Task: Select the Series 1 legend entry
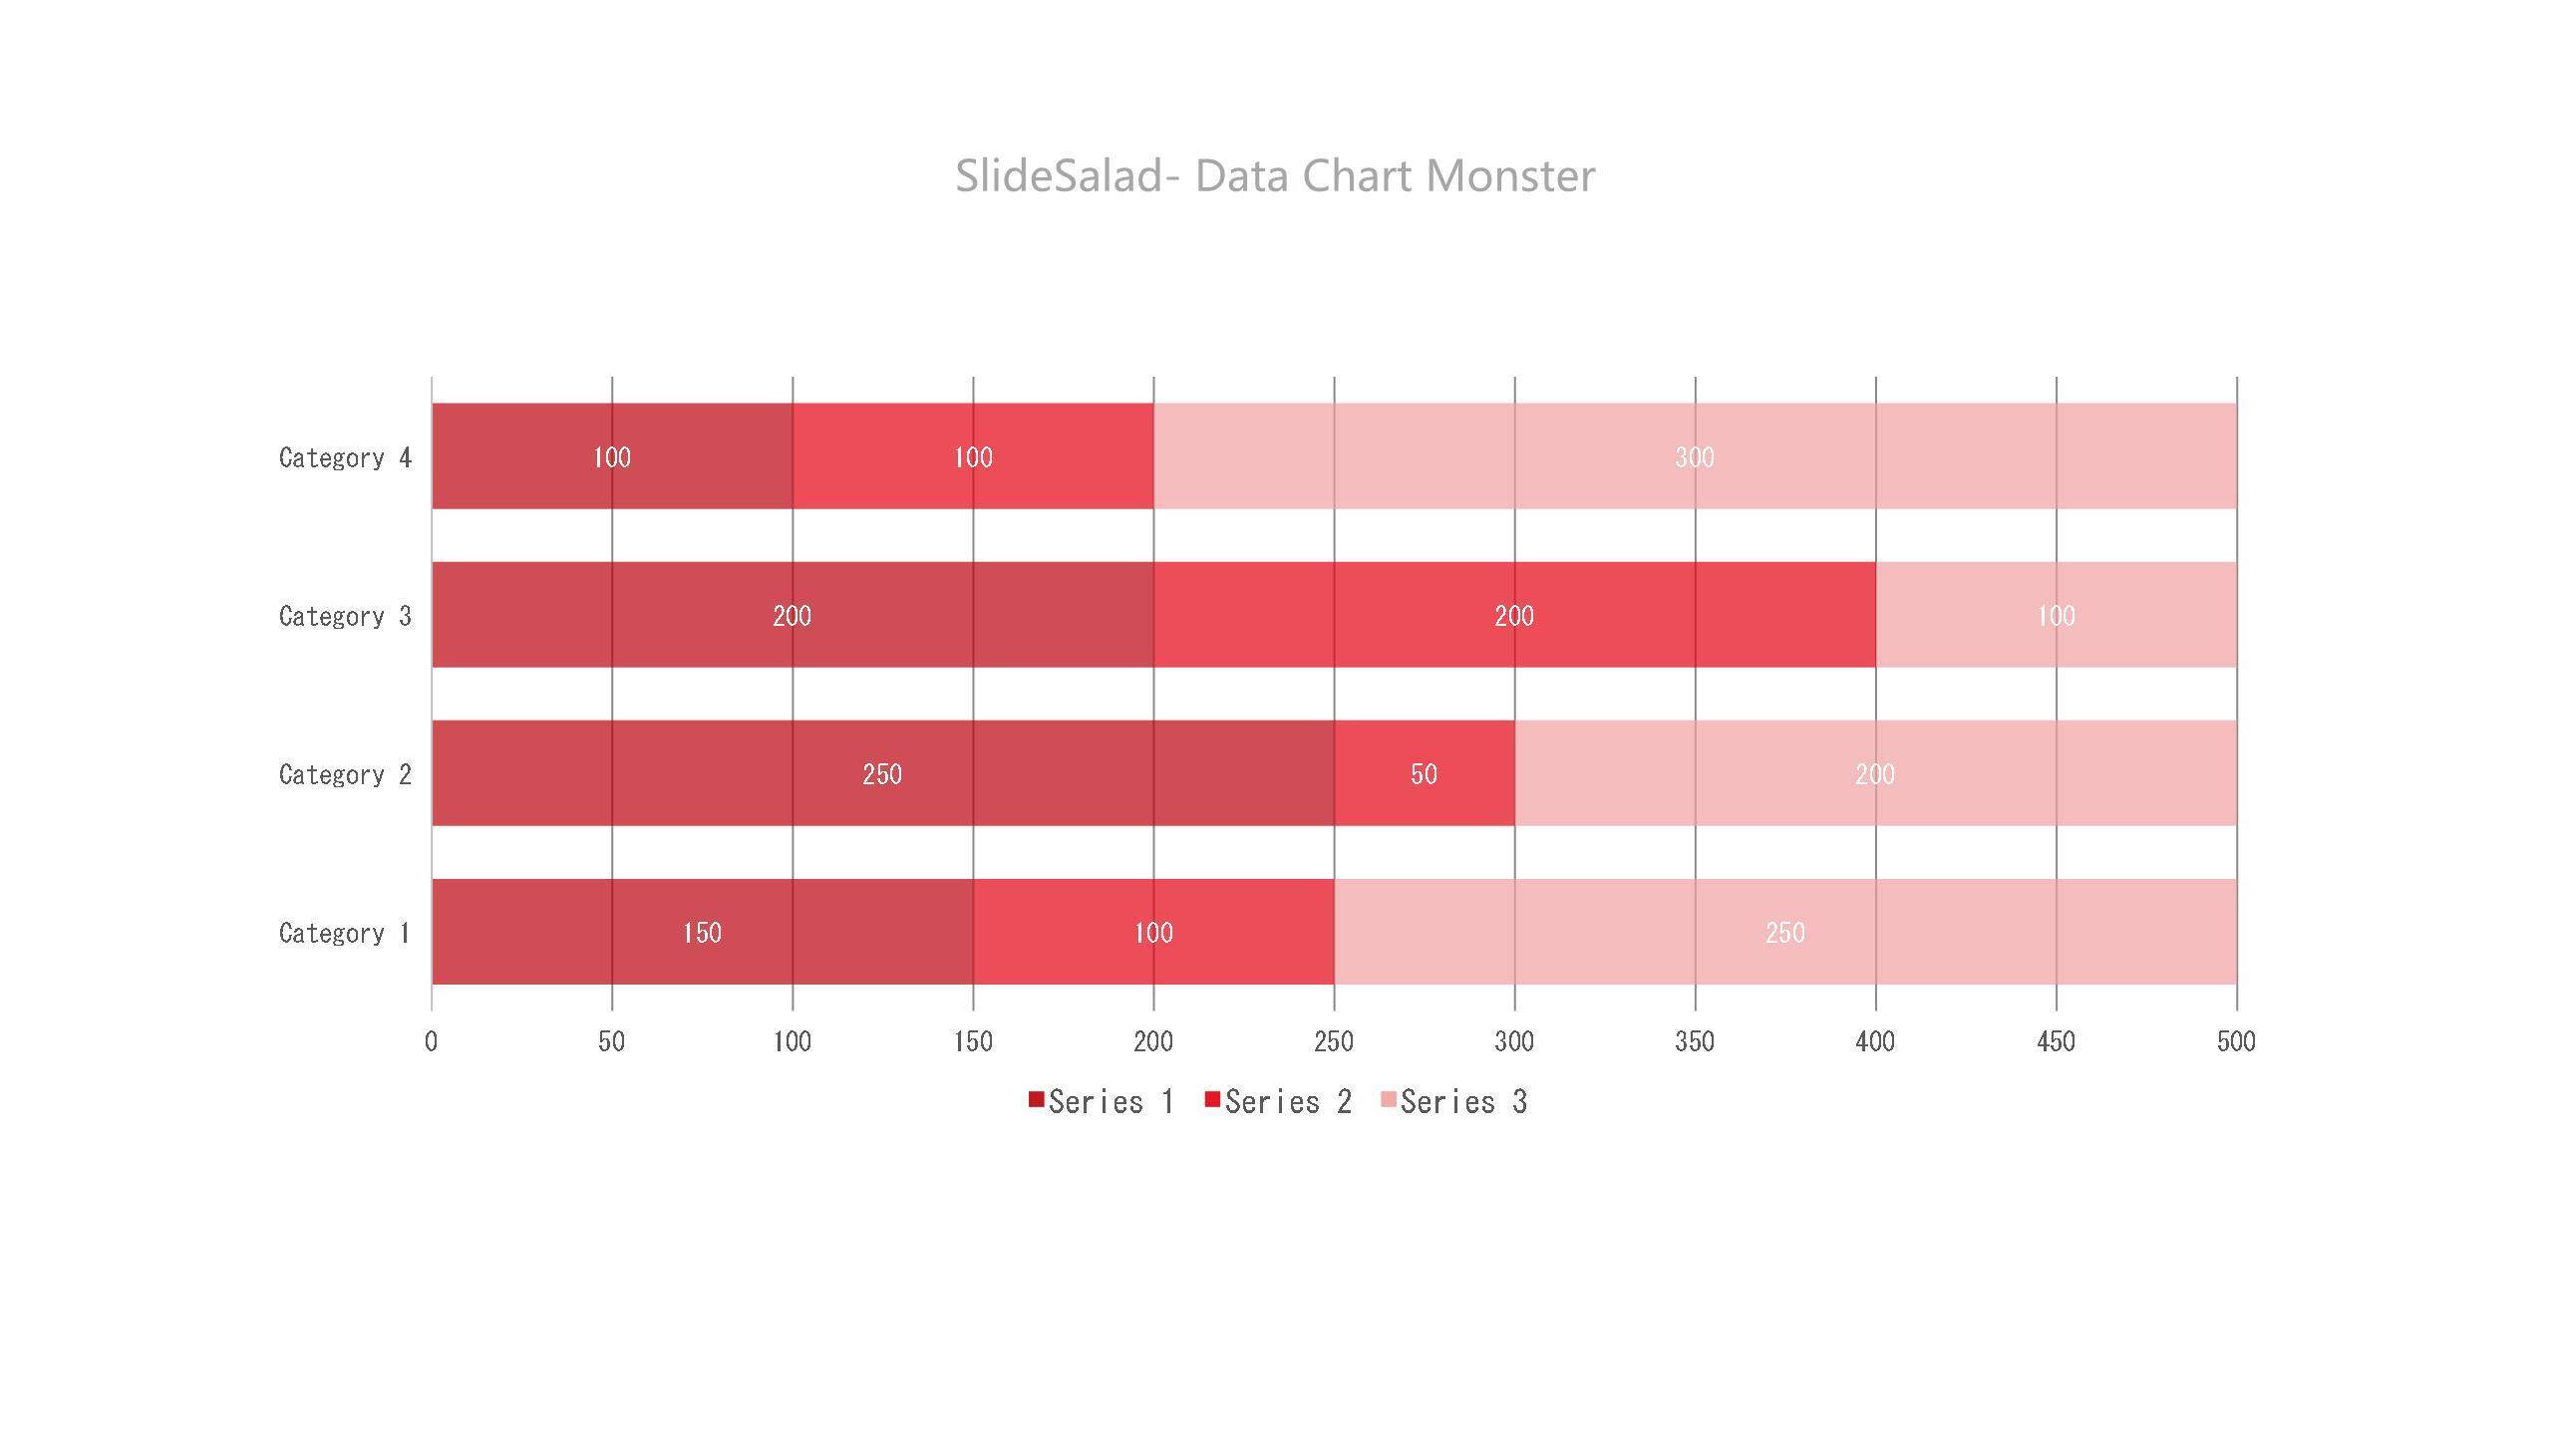click(x=1101, y=1102)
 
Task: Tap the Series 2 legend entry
click(x=1278, y=1102)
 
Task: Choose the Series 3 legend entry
click(x=1453, y=1102)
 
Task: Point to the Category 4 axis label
click(x=345, y=457)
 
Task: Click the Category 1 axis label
click(x=345, y=933)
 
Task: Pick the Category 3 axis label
click(x=345, y=616)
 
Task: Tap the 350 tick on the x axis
click(x=1695, y=1042)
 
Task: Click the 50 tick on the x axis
click(x=611, y=1042)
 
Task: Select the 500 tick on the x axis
click(x=2236, y=1042)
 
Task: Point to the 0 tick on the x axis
click(x=431, y=1042)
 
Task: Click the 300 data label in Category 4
click(x=1695, y=457)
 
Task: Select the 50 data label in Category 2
click(x=1424, y=774)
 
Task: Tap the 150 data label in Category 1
click(x=702, y=933)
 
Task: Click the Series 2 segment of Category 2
click(x=1424, y=797)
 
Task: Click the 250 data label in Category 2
click(x=882, y=774)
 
